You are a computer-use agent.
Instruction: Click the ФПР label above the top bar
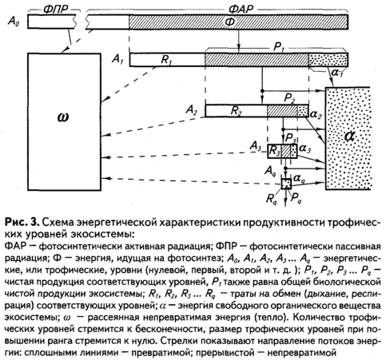[55, 10]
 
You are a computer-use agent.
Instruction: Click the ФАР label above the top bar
[241, 10]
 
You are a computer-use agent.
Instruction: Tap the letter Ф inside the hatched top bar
[230, 22]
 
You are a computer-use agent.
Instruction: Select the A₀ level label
[14, 22]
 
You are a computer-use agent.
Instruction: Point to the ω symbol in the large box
[63, 117]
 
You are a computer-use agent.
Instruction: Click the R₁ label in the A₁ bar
[166, 60]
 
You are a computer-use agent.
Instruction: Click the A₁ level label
[117, 59]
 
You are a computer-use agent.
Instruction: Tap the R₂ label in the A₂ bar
[237, 111]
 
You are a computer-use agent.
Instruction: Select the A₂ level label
[192, 110]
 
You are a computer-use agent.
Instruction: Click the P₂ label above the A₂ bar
[289, 98]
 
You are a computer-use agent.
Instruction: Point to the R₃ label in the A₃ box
[274, 151]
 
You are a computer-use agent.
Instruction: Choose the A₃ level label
[255, 146]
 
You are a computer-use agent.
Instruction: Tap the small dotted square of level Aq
[286, 184]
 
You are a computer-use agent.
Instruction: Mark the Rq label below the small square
[272, 199]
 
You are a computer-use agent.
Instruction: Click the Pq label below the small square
[296, 198]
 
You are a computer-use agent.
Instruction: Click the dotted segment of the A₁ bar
[328, 60]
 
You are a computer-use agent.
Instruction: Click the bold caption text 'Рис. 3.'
[22, 223]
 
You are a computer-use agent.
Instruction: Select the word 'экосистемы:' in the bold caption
[102, 235]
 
